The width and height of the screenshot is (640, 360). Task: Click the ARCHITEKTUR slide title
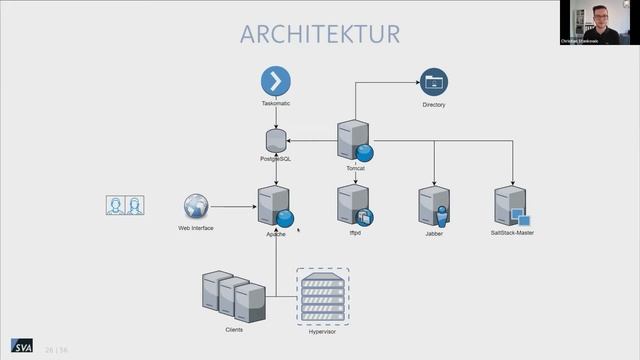(x=319, y=33)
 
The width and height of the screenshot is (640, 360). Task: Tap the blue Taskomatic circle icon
(x=275, y=81)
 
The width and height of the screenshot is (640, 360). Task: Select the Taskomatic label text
(x=275, y=104)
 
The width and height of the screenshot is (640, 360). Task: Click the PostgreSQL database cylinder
(x=276, y=141)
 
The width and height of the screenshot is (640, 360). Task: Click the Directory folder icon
(x=434, y=82)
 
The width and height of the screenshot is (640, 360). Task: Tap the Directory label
(x=434, y=104)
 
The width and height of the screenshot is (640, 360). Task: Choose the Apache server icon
(x=275, y=206)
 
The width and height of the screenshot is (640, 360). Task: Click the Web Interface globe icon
(x=196, y=207)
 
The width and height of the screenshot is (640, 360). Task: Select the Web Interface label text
(x=196, y=228)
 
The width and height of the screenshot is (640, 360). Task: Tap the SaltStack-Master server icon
(x=511, y=206)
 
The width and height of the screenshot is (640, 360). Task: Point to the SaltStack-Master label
(x=512, y=232)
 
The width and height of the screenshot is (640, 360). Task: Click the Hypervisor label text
(x=321, y=329)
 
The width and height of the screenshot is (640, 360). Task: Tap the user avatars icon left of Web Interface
(x=125, y=205)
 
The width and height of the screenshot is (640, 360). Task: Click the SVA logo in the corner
(x=21, y=346)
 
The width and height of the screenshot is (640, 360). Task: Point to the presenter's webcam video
(x=598, y=23)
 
